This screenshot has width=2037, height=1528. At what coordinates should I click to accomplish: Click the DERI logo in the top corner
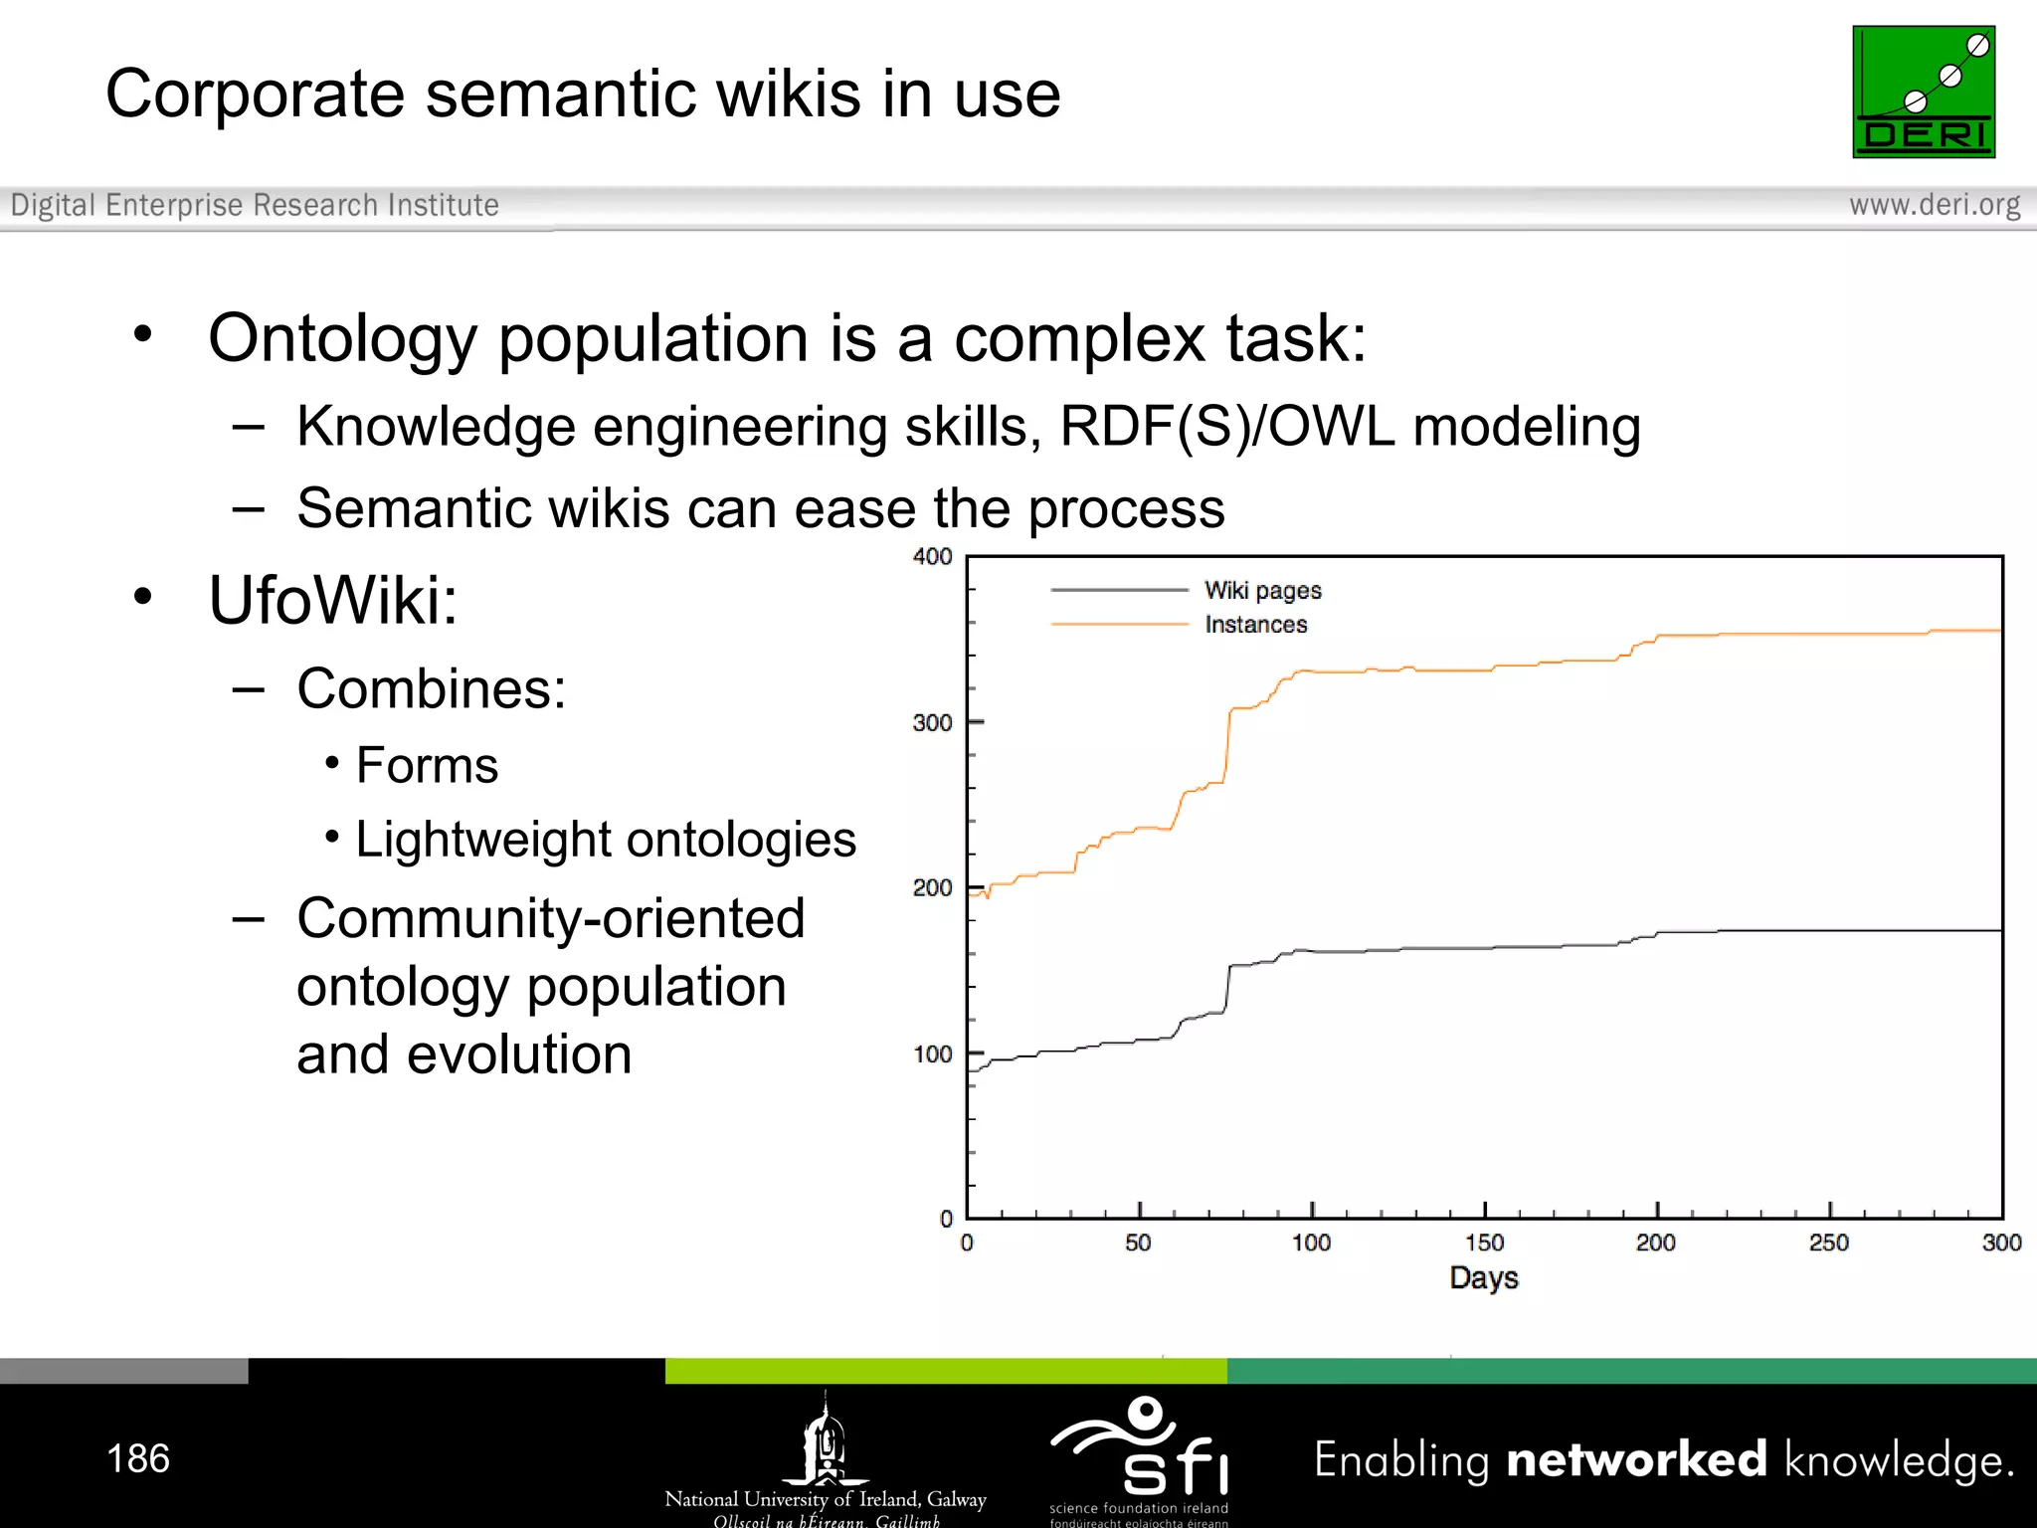[x=1923, y=92]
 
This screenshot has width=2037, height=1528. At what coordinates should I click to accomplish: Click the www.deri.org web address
[x=1934, y=205]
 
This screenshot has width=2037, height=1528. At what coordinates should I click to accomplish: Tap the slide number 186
[x=138, y=1458]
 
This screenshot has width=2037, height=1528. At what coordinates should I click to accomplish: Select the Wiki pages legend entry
[x=1262, y=590]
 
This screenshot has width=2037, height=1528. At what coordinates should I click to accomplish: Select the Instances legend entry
[x=1255, y=625]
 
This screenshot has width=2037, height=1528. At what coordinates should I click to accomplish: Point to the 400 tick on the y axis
[x=932, y=557]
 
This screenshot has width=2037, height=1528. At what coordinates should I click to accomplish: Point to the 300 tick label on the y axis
[x=932, y=723]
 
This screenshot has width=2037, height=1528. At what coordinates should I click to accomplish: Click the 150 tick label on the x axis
[x=1484, y=1242]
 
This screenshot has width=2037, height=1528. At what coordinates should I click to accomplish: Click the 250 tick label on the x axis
[x=1828, y=1242]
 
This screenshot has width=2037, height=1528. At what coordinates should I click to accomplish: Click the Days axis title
[x=1483, y=1278]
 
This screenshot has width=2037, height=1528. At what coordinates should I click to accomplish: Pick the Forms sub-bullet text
[x=427, y=765]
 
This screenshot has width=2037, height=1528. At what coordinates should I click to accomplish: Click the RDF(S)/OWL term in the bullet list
[x=1227, y=427]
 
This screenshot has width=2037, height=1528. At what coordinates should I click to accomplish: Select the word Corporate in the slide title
[x=255, y=95]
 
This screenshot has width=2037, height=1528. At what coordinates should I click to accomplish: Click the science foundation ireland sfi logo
[x=1140, y=1450]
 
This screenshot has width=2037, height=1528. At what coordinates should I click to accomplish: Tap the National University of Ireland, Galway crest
[x=825, y=1440]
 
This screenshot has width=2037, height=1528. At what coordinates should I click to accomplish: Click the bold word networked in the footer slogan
[x=1636, y=1459]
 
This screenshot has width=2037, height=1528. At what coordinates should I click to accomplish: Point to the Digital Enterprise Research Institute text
[x=255, y=205]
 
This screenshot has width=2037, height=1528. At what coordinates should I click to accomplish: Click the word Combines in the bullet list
[x=430, y=688]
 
